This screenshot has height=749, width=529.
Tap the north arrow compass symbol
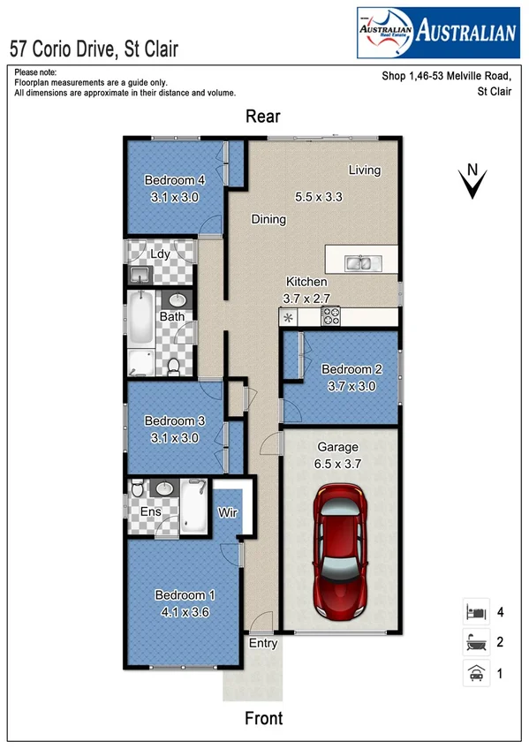click(x=474, y=181)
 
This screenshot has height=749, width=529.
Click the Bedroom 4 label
click(x=175, y=180)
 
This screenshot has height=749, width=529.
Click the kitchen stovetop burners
click(x=331, y=314)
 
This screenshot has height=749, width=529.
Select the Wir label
click(x=228, y=511)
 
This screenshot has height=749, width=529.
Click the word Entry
click(x=262, y=643)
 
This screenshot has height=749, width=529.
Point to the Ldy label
click(x=160, y=254)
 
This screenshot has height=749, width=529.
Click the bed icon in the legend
click(x=475, y=611)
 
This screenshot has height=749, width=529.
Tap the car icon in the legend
click(x=475, y=673)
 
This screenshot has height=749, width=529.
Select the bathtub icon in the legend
click(x=475, y=642)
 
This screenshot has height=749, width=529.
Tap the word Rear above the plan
click(x=262, y=117)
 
